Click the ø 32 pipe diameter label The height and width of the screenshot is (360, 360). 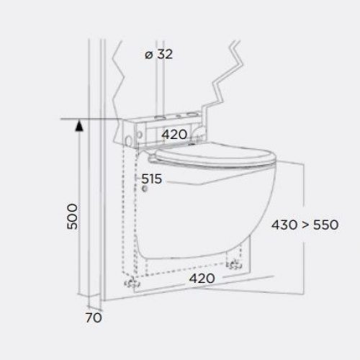[x=158, y=54]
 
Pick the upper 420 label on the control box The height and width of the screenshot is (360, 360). [x=174, y=134]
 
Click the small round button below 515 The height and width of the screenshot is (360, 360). [x=147, y=190]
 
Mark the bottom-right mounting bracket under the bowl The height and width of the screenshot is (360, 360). [x=234, y=266]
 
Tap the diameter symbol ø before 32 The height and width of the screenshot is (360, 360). [x=148, y=55]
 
